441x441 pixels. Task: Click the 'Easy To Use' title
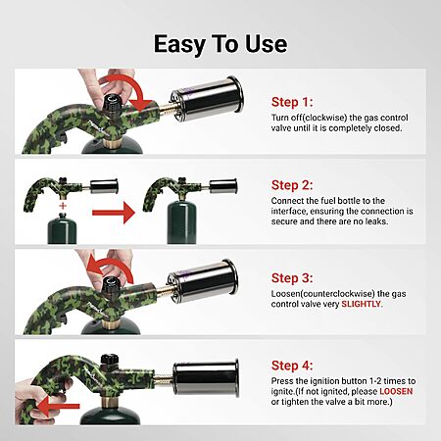pos(220,44)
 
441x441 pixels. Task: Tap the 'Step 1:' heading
pos(292,102)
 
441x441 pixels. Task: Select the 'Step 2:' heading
pos(292,185)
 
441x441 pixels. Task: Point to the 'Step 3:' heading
pos(292,278)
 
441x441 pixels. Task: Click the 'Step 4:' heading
pos(292,366)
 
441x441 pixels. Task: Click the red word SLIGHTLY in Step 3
pos(361,304)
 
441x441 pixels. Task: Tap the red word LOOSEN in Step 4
pos(396,391)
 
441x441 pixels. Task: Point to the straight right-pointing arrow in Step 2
pos(114,213)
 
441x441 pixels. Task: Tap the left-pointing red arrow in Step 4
pos(59,406)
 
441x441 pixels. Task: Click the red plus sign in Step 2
pos(63,206)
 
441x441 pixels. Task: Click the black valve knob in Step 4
pos(109,360)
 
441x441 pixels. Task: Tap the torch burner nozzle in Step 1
pos(207,98)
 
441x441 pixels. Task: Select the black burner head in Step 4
pos(206,378)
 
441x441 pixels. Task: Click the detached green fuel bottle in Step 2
pos(62,228)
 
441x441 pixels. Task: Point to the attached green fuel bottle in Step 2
pos(181,222)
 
